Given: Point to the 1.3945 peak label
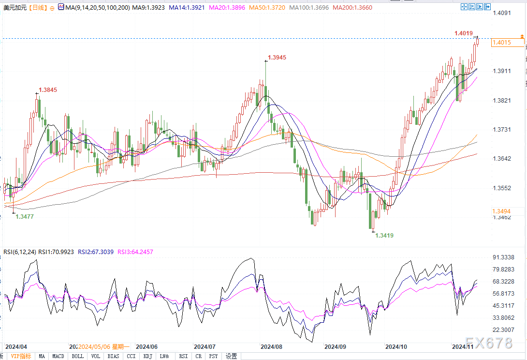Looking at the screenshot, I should [x=277, y=58].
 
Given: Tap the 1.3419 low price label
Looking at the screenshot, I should [x=384, y=236].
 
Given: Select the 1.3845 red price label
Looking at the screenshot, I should [x=48, y=90].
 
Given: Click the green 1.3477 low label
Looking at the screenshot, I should [x=25, y=216].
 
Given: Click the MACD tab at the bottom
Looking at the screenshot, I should [x=59, y=356].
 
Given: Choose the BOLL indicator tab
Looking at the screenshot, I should [x=77, y=356].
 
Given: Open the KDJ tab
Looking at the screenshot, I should [x=147, y=356].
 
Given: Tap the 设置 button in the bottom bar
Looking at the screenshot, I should [x=231, y=356].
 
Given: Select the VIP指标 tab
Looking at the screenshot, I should [x=21, y=356].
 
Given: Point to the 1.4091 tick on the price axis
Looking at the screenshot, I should [x=501, y=13].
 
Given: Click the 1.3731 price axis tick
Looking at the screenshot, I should [x=501, y=129].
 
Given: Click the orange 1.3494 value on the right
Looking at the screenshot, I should [x=501, y=211].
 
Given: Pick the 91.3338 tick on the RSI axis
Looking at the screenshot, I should [x=502, y=257].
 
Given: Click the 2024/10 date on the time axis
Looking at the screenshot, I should [x=395, y=346].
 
